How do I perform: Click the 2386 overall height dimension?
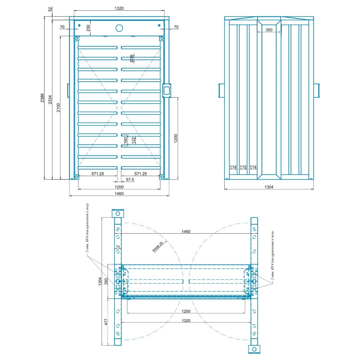[42, 98]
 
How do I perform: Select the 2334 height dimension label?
[50, 100]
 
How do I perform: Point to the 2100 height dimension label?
[58, 108]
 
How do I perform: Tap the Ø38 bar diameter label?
[132, 59]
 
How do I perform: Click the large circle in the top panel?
[119, 28]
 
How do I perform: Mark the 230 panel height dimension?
[88, 28]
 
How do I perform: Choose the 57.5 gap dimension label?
[130, 180]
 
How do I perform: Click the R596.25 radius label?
[158, 247]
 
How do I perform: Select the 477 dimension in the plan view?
[106, 322]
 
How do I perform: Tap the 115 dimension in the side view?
[243, 167]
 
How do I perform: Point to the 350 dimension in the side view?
[269, 30]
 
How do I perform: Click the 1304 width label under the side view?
[269, 187]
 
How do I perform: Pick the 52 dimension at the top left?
[50, 9]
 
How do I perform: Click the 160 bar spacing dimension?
[126, 140]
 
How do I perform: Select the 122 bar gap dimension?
[134, 141]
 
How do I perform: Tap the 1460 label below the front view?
[119, 194]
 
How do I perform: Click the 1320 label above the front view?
[119, 8]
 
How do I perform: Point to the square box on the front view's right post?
[167, 91]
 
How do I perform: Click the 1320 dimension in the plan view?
[186, 320]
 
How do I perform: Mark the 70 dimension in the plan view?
[118, 247]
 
